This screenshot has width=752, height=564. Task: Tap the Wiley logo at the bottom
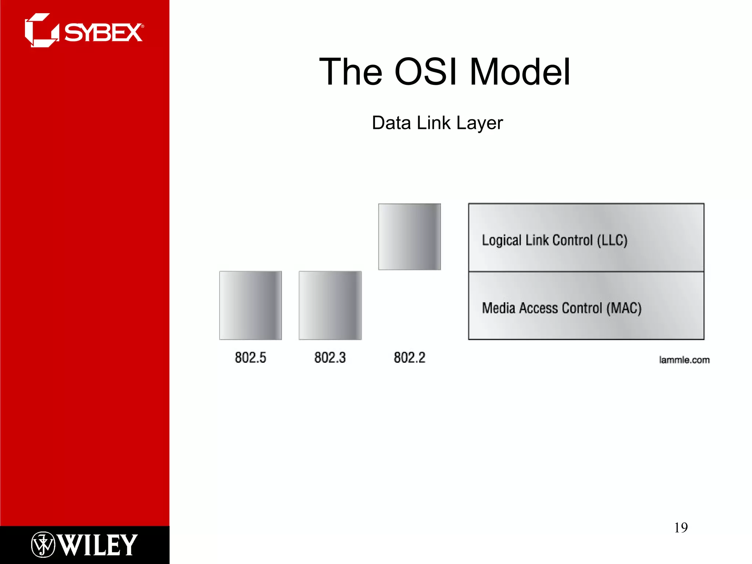pyautogui.click(x=84, y=545)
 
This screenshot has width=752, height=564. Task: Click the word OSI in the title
pyautogui.click(x=426, y=72)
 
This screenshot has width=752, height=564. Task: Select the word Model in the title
pyautogui.click(x=520, y=72)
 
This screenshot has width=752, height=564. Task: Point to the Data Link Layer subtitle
pyautogui.click(x=437, y=123)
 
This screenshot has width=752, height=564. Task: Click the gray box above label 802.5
pyautogui.click(x=250, y=305)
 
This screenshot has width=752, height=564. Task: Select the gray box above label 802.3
pyautogui.click(x=330, y=305)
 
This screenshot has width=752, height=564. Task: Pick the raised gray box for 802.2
pyautogui.click(x=409, y=237)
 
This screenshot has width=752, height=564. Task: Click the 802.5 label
pyautogui.click(x=250, y=358)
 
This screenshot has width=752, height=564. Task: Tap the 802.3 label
pyautogui.click(x=330, y=358)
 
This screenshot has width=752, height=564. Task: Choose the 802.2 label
pyautogui.click(x=409, y=358)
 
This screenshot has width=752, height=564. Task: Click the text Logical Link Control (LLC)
pyautogui.click(x=554, y=241)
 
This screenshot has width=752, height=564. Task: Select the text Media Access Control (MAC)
pyautogui.click(x=561, y=308)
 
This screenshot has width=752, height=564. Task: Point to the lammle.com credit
pyautogui.click(x=684, y=360)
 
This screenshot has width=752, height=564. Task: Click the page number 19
pyautogui.click(x=681, y=528)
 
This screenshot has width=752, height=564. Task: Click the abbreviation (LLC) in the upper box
pyautogui.click(x=612, y=241)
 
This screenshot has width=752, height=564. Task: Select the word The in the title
pyautogui.click(x=351, y=72)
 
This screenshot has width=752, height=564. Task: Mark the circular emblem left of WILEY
pyautogui.click(x=43, y=545)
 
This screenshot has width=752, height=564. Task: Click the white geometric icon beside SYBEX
pyautogui.click(x=41, y=30)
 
